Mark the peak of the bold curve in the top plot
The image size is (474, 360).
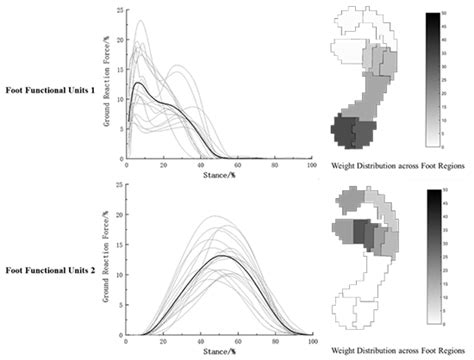tap(136, 83)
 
